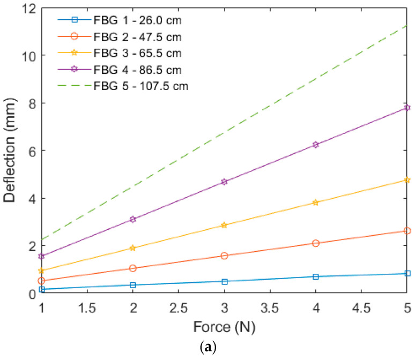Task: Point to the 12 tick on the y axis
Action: [27, 9]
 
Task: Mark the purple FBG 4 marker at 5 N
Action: [407, 108]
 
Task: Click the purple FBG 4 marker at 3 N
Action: [224, 182]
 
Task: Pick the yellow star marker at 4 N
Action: [316, 202]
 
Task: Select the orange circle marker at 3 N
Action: [224, 256]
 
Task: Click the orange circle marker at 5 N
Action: [407, 231]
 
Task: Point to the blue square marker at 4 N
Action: [316, 276]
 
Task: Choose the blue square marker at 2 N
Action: [133, 285]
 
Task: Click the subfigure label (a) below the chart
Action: [224, 348]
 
